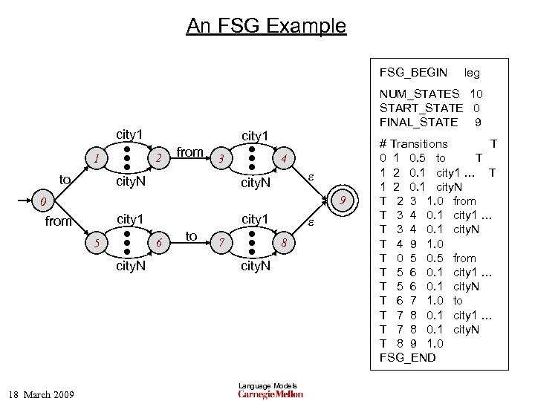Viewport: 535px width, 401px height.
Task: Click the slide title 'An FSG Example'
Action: pos(266,27)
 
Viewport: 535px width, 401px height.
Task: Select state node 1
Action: pos(94,158)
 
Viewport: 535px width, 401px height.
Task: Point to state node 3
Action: pos(220,158)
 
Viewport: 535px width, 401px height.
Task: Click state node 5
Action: pos(94,243)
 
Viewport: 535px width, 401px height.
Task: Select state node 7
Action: pos(220,243)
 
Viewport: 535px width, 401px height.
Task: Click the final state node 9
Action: pos(343,200)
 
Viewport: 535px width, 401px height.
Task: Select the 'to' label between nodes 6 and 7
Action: pos(191,236)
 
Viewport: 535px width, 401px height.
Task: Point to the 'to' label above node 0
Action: pos(65,179)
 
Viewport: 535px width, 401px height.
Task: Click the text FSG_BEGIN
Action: pos(413,73)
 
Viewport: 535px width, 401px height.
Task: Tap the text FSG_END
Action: pos(407,357)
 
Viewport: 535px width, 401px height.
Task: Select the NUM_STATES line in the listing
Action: pos(431,95)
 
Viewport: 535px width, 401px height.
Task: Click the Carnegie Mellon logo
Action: pos(270,394)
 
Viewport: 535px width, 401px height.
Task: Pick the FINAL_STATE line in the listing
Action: pos(431,122)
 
